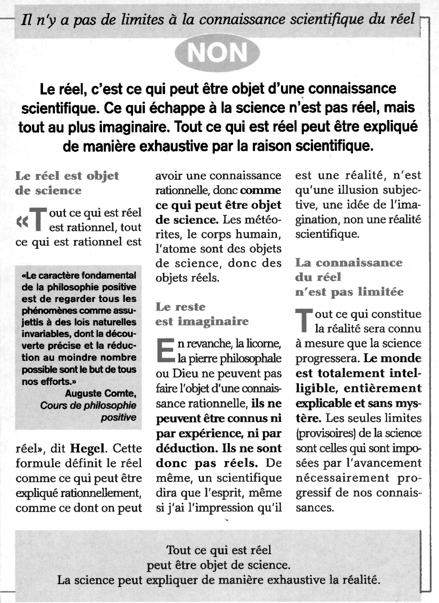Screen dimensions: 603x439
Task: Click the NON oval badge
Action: coord(217,53)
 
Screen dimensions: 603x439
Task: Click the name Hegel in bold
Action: coord(87,449)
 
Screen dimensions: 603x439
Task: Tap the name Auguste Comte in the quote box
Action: coord(101,393)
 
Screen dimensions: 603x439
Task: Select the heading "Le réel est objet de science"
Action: coord(67,183)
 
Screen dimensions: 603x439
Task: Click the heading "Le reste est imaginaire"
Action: coord(202,314)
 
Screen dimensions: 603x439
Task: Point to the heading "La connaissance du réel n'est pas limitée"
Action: coord(349,277)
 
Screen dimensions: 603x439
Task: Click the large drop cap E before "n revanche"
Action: coord(165,351)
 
